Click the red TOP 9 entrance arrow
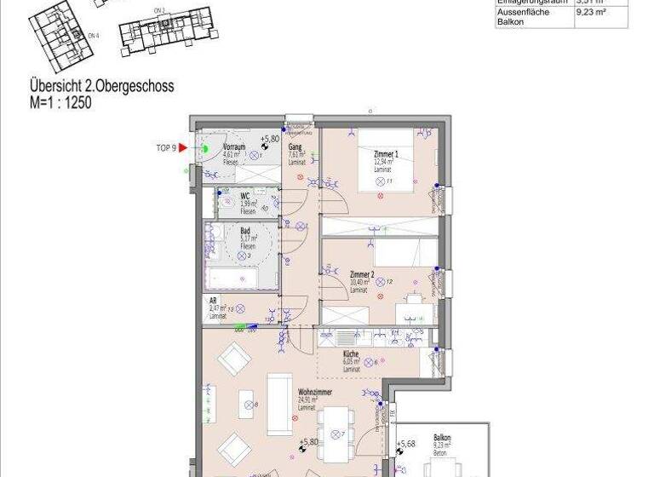(182, 147)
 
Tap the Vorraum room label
(234, 147)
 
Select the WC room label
(244, 195)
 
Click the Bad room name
(244, 231)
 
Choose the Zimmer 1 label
(386, 154)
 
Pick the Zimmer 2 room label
(362, 275)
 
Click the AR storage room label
(213, 301)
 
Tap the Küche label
(351, 353)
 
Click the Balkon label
(442, 437)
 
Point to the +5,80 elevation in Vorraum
(269, 139)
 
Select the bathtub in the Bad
(242, 279)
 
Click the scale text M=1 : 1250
(60, 101)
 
